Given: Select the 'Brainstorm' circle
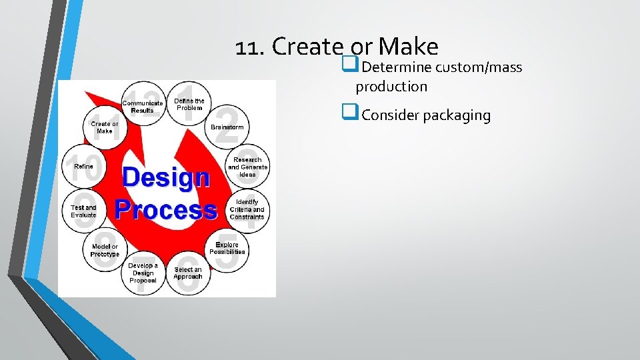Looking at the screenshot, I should (x=227, y=127).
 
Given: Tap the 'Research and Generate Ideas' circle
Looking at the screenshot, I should (x=247, y=167).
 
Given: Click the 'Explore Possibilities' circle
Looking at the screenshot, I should (x=227, y=249).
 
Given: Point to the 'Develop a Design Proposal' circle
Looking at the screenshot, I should (x=143, y=272).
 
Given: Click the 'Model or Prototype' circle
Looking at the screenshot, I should (x=105, y=250).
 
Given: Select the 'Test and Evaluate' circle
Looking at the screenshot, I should (x=83, y=211).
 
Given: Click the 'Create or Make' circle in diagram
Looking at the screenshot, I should (x=105, y=127).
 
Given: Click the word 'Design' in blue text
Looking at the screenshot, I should (x=166, y=178).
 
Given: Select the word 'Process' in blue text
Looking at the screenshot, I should (x=166, y=209).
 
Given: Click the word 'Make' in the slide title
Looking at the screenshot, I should (x=407, y=47).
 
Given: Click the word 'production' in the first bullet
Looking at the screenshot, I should (x=391, y=87).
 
